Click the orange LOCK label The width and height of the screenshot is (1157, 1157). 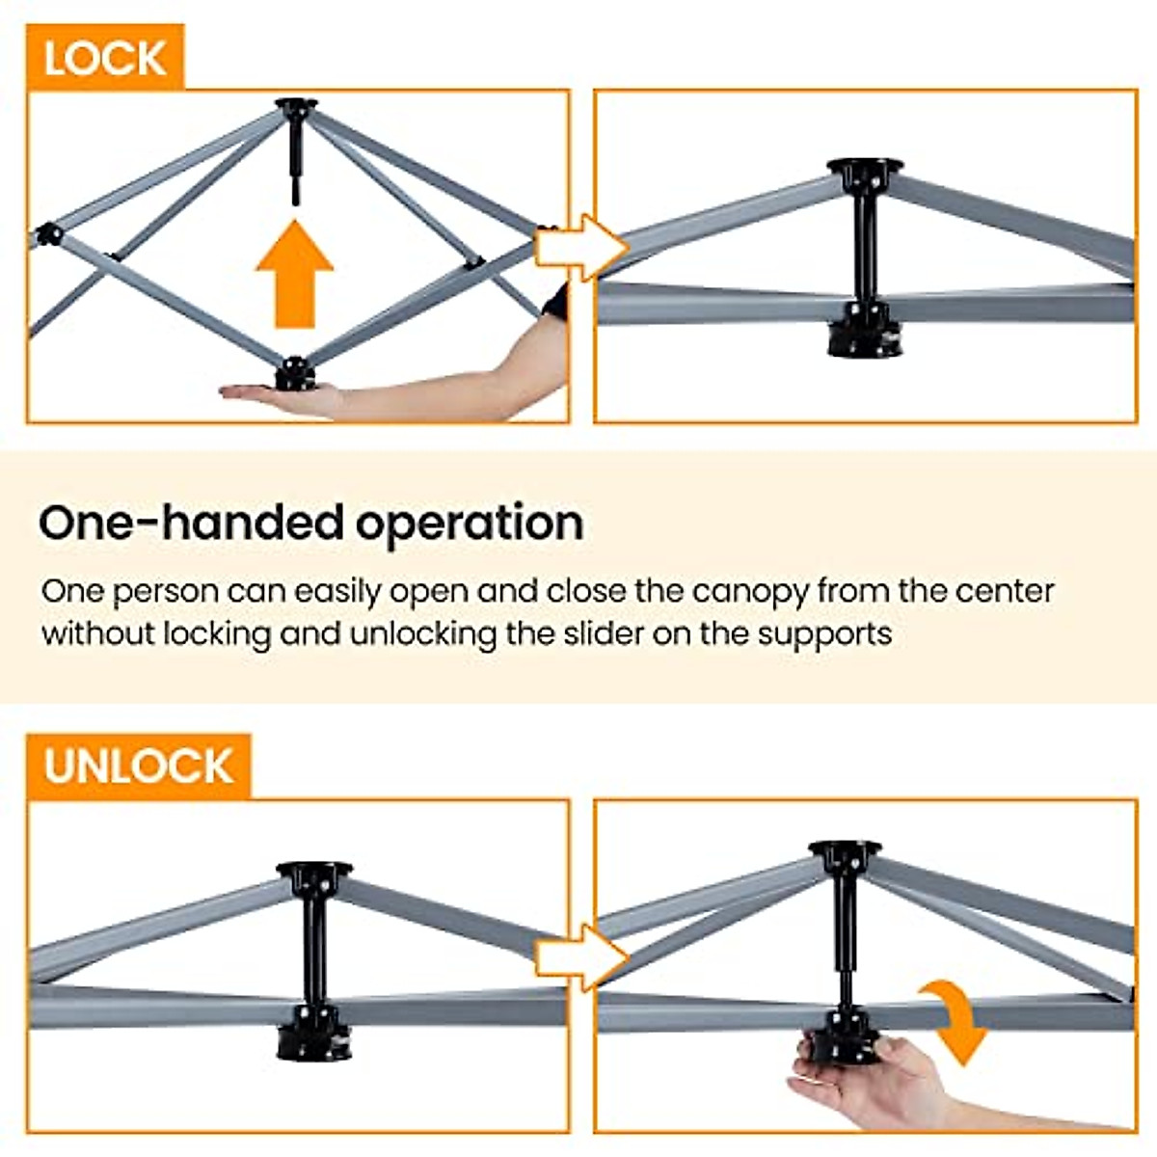coord(104,58)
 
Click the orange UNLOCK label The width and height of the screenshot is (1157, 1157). coord(138,767)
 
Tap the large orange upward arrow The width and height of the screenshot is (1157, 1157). coord(294,275)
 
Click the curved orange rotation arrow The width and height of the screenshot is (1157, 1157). coord(955,1022)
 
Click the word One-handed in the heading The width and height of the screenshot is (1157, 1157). coord(191,523)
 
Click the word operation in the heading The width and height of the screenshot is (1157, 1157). coord(470,523)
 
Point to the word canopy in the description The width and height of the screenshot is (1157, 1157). coord(751,590)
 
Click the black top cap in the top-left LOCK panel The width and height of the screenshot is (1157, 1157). coord(296,106)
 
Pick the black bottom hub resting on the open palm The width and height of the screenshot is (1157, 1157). coord(295,373)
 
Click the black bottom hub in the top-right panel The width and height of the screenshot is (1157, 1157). coord(865,331)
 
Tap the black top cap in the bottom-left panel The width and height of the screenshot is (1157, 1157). coord(314,874)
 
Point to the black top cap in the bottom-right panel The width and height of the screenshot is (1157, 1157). coord(845,852)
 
